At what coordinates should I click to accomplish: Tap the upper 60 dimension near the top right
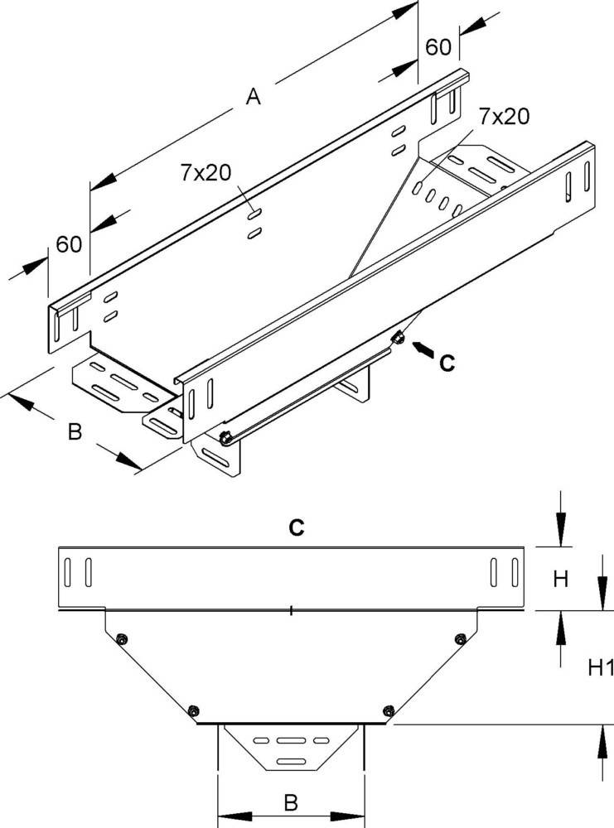point(438,47)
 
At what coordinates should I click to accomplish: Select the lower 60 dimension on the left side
point(70,243)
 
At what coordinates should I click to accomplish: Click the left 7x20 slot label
point(205,172)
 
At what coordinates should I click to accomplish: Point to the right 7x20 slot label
point(502,117)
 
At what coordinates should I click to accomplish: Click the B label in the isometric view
point(75,432)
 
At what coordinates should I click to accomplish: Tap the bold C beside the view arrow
point(447,362)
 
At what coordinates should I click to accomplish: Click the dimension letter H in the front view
point(561,580)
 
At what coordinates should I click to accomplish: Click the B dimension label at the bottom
point(290,802)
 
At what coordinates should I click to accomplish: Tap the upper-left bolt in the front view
point(123,638)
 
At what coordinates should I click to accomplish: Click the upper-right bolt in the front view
point(460,638)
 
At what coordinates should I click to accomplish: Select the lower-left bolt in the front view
point(193,710)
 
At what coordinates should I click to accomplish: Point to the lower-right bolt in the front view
point(389,710)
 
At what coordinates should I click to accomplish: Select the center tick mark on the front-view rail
point(292,612)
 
